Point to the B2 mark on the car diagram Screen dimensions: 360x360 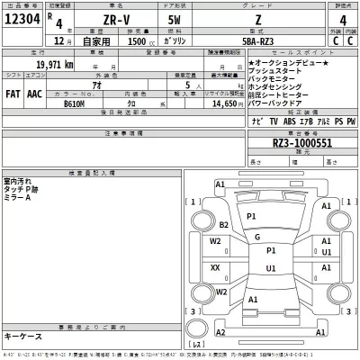224,224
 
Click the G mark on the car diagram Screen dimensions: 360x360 258,238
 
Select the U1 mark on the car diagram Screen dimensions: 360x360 271,269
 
